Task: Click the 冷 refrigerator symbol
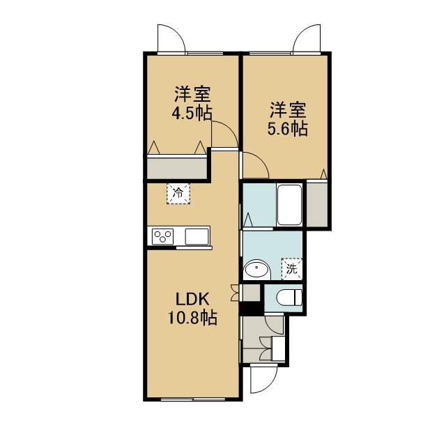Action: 178,194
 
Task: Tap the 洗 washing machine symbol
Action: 292,269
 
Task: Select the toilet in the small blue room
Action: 289,298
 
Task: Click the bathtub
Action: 289,205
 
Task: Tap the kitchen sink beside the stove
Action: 197,236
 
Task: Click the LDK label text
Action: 192,299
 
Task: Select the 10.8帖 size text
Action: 192,318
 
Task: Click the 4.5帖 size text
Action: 192,113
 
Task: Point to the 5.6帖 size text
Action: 288,129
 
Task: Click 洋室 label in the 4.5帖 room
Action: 192,94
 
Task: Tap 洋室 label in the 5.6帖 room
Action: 288,110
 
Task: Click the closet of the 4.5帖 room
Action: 177,168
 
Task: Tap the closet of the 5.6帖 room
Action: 317,203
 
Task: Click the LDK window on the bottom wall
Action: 193,399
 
